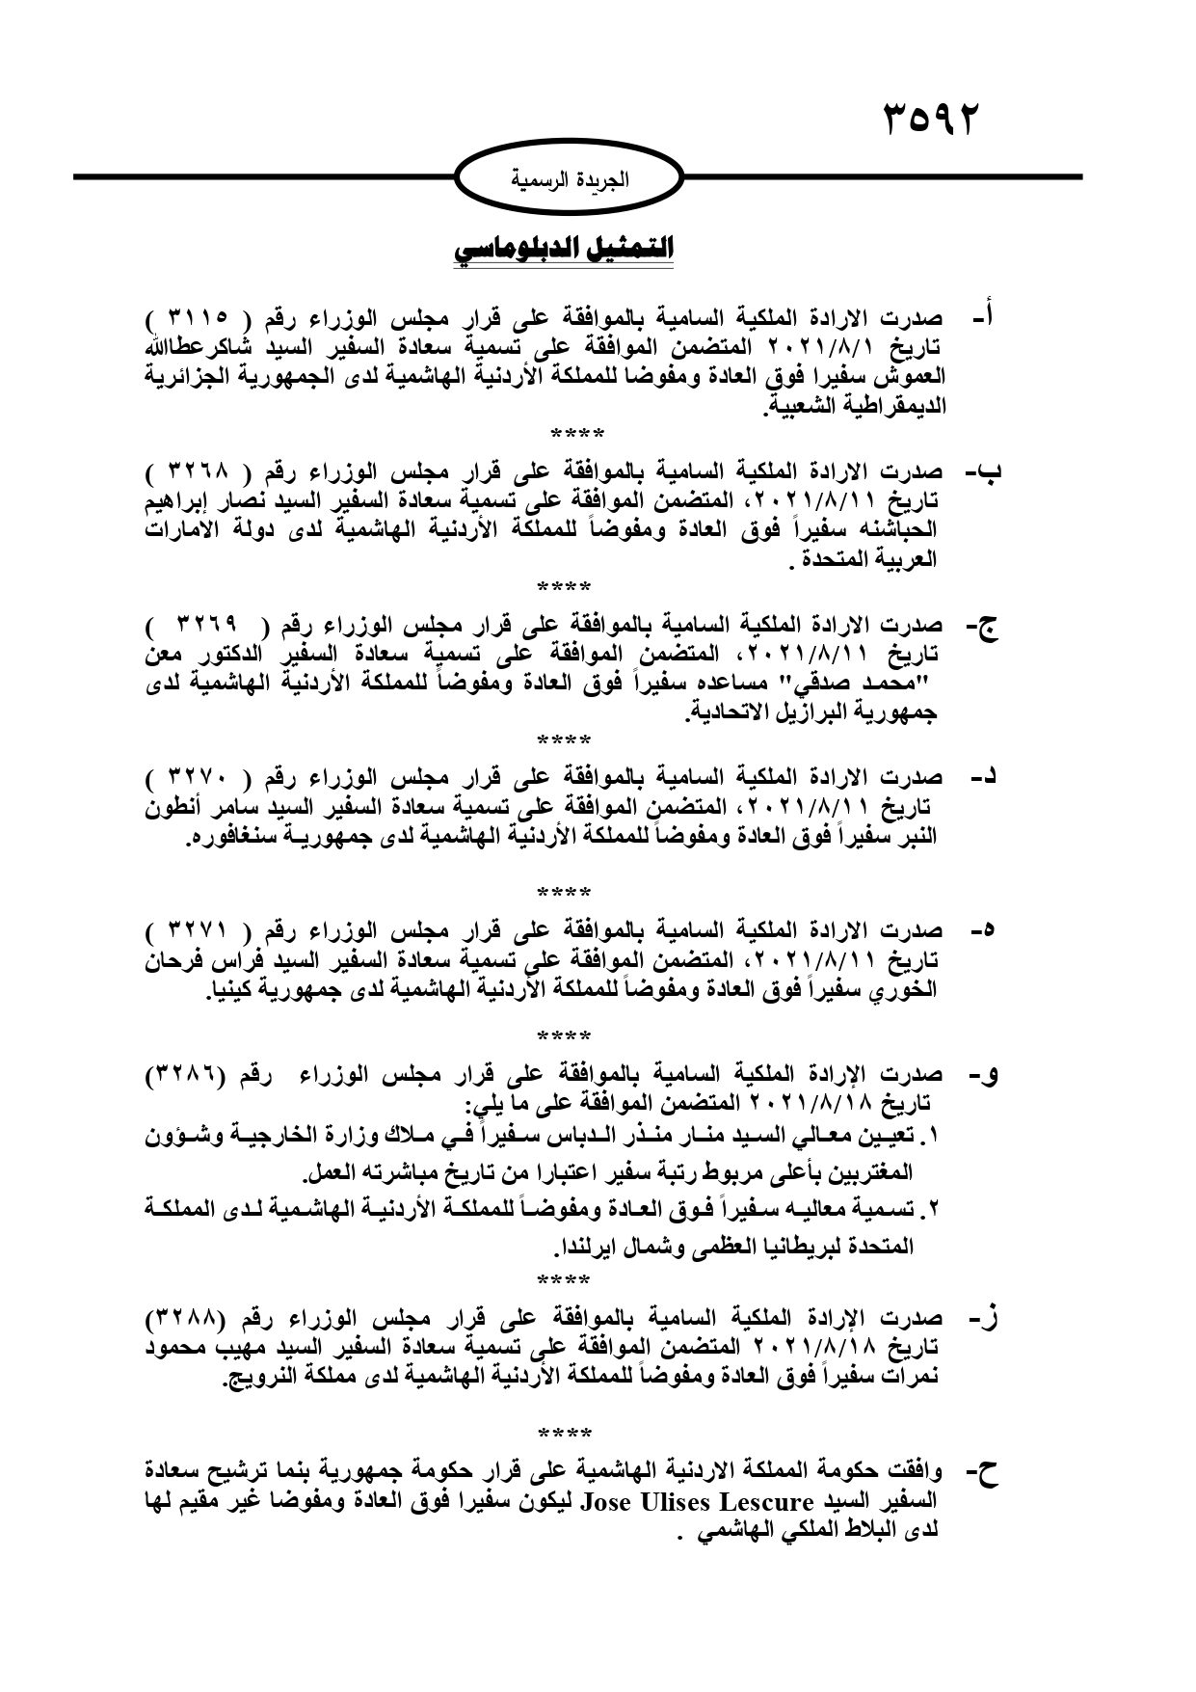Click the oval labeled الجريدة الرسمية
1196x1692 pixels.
click(570, 179)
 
